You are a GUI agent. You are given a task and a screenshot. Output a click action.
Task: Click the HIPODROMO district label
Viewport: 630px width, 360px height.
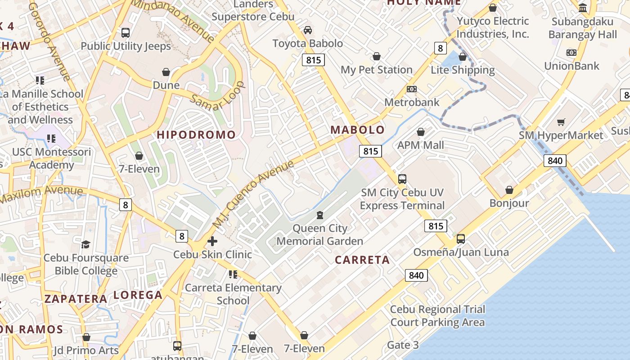click(196, 135)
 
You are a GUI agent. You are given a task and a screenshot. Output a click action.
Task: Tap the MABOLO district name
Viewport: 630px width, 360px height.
click(358, 130)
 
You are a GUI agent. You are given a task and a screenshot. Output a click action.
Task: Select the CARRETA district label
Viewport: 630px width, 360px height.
click(362, 260)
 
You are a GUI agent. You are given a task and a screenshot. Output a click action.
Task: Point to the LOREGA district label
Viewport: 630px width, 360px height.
click(138, 295)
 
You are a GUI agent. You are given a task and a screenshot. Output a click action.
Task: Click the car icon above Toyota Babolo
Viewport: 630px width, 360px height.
click(308, 30)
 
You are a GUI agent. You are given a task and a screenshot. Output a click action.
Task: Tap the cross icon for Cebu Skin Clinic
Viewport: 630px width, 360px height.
click(212, 241)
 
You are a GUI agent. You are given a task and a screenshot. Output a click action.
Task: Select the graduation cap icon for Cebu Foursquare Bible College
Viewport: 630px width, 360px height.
click(85, 244)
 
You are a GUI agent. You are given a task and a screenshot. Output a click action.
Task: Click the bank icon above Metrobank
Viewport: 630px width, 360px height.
click(411, 89)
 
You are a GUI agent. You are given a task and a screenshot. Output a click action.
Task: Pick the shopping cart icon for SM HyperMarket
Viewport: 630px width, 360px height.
click(561, 122)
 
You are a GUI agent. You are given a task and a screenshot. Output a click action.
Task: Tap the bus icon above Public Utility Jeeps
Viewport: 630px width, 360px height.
click(126, 32)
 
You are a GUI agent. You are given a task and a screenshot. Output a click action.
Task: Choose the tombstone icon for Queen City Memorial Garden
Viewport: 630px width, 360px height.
click(319, 215)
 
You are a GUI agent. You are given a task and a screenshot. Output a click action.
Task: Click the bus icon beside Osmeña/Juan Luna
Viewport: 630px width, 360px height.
click(461, 239)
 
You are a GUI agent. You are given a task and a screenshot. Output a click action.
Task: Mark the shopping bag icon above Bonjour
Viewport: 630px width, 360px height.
click(509, 190)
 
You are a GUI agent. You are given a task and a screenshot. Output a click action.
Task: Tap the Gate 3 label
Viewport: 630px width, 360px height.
click(403, 345)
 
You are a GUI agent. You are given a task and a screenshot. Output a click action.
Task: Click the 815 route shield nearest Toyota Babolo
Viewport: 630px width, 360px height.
click(313, 60)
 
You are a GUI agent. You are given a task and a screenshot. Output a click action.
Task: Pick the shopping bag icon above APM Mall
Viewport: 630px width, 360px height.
click(420, 132)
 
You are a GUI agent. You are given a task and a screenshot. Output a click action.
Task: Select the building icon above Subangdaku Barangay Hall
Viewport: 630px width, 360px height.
click(583, 8)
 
